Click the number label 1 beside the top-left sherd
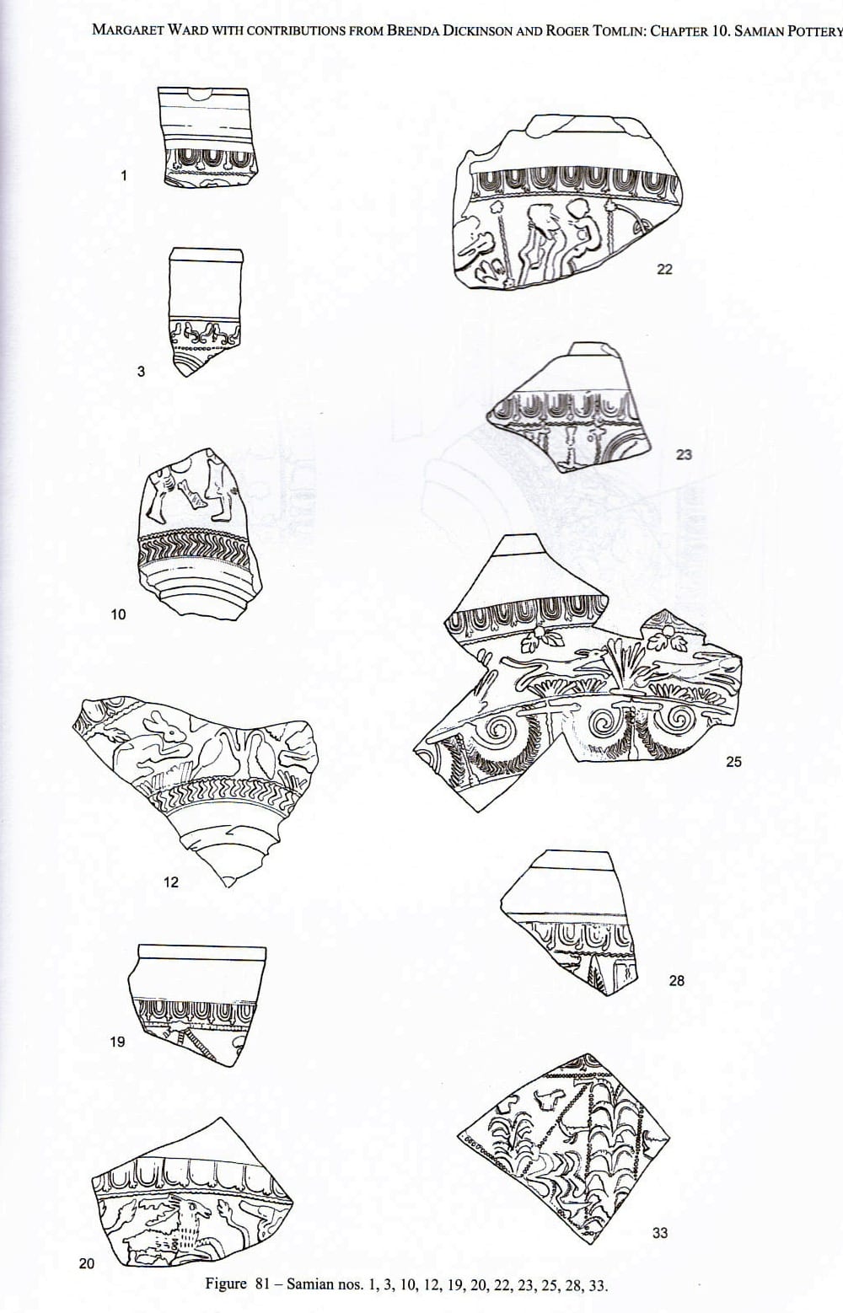point(124,175)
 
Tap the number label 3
point(141,371)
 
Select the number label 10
point(118,614)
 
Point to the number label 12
point(170,882)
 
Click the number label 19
point(118,1042)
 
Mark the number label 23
point(684,454)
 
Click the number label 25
point(733,762)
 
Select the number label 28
point(677,981)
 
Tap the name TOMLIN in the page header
point(614,31)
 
